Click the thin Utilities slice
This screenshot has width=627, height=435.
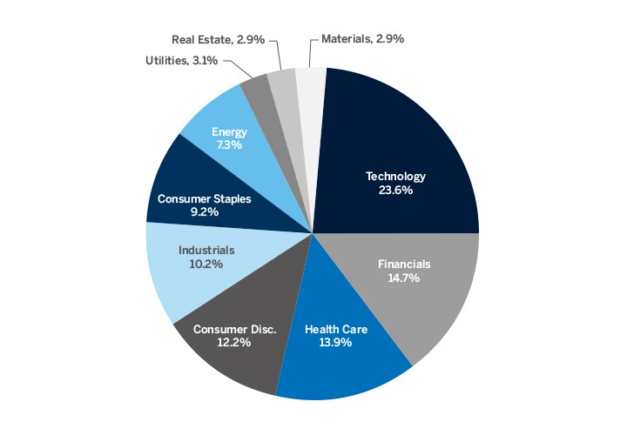pyautogui.click(x=255, y=85)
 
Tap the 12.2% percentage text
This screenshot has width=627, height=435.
pyautogui.click(x=235, y=343)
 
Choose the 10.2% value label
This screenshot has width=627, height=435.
pyautogui.click(x=206, y=264)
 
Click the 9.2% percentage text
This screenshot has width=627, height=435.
pyautogui.click(x=205, y=212)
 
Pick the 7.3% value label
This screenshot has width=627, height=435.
pyautogui.click(x=230, y=146)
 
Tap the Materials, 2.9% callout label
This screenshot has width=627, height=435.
pyautogui.click(x=362, y=39)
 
